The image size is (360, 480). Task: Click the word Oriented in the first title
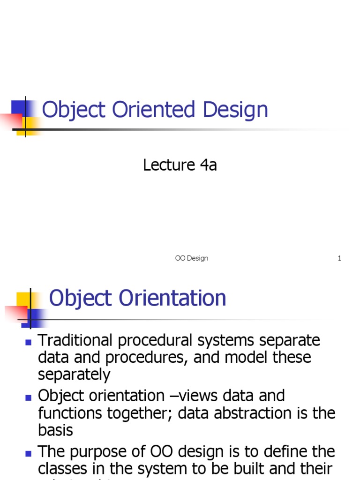tap(153, 110)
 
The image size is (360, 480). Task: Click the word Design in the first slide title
tap(236, 110)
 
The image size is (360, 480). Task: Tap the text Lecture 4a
tap(180, 165)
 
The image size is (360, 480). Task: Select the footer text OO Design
tap(191, 258)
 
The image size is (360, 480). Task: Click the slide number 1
tap(339, 258)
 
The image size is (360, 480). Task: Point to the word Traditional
tap(76, 340)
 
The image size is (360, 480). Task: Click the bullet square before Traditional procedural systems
tap(28, 342)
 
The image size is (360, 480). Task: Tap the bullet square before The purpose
tap(28, 453)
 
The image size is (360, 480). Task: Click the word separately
tap(74, 375)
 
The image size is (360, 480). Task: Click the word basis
tap(55, 430)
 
